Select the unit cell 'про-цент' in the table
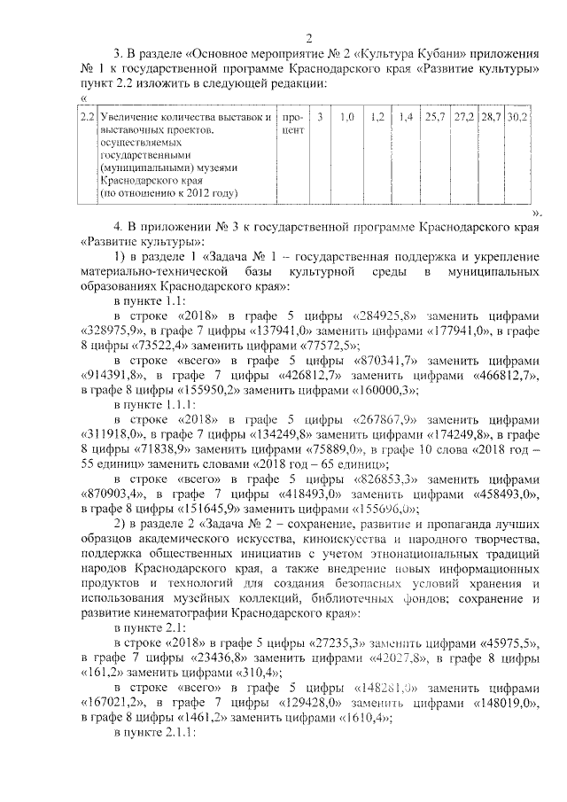click(291, 123)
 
